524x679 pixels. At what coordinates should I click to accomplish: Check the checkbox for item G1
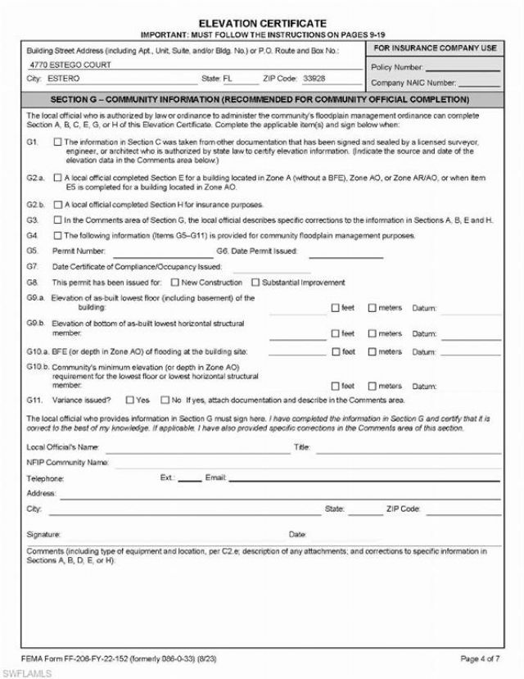pos(56,141)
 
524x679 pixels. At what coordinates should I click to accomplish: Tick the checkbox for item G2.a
pos(56,177)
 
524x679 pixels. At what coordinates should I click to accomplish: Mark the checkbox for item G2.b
pos(56,203)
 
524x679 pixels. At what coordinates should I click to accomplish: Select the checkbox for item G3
pos(56,220)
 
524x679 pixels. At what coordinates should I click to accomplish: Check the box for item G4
pos(56,236)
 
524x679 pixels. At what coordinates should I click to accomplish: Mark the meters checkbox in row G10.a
pos(373,351)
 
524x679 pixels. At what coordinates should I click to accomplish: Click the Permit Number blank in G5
pos(160,251)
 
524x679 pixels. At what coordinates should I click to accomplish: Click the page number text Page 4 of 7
pos(481,658)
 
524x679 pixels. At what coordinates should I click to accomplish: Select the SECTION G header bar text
pos(262,99)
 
